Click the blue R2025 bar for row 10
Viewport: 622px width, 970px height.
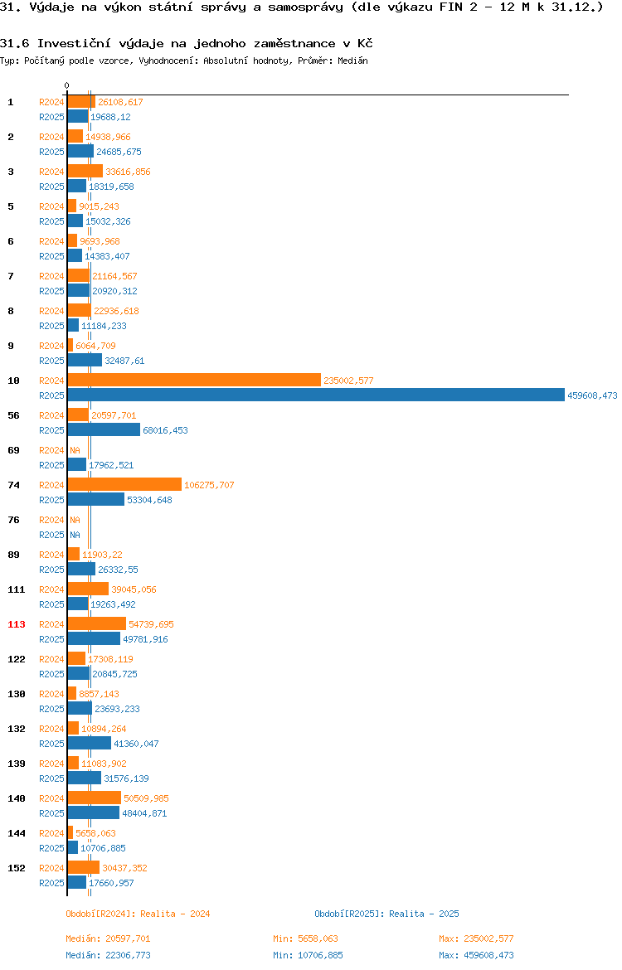316,395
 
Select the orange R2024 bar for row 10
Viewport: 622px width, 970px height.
194,381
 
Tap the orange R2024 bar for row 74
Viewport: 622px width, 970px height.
125,485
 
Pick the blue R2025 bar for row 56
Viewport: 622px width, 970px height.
104,430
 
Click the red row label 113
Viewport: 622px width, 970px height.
16,624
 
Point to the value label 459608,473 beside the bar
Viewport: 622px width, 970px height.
592,395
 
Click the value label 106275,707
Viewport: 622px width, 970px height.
209,485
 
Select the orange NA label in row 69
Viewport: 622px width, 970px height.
75,450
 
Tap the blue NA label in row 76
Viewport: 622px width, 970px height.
75,535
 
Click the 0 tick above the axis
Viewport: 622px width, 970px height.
67,86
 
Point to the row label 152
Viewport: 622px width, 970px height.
16,868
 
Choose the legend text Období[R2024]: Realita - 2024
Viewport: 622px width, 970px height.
138,914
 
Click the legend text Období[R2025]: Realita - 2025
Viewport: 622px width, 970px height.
386,914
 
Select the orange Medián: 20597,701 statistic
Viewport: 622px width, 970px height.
109,938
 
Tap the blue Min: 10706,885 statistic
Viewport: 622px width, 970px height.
309,955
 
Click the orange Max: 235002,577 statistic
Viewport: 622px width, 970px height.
477,938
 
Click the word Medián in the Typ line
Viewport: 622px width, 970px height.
352,61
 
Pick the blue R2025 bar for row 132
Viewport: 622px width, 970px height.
90,744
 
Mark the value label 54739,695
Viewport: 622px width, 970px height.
151,624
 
